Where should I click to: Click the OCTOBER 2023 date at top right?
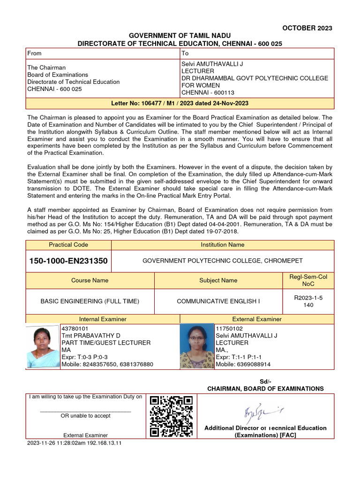pos(307,28)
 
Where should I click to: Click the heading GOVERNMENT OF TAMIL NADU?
pos(180,36)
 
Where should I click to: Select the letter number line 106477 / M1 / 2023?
pos(180,103)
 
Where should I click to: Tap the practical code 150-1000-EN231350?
pos(68,261)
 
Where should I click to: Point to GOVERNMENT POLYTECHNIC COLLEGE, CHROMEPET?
pos(223,261)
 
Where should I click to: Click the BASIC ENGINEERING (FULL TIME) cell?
pos(90,301)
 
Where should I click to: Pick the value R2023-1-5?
pos(308,298)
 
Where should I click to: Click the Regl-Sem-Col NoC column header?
pos(308,280)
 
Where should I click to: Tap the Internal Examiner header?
pos(103,319)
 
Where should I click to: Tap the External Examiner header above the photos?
pos(257,319)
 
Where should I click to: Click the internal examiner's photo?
pos(43,346)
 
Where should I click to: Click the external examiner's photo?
pos(197,346)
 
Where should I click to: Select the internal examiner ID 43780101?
pos(75,329)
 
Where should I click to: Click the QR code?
pos(171,416)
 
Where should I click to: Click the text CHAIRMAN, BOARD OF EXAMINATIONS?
pos(265,389)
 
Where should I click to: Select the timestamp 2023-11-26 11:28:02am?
pos(58,443)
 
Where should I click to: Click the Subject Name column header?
pos(218,280)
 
